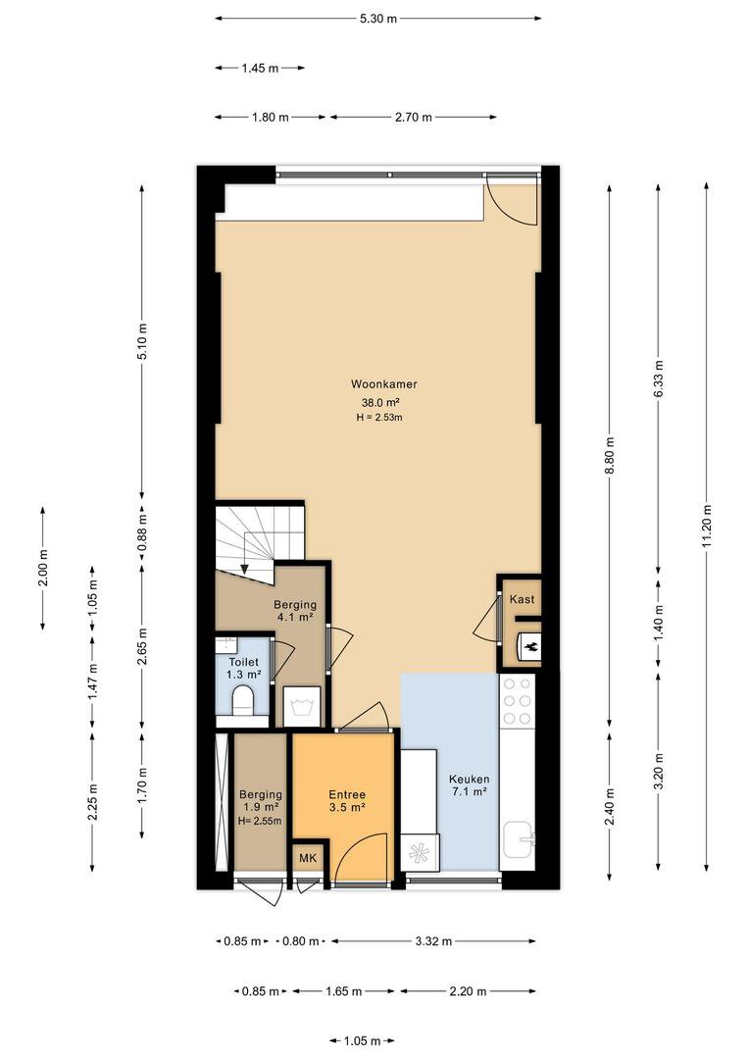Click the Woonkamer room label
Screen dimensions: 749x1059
(383, 384)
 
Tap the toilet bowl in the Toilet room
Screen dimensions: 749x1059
(242, 700)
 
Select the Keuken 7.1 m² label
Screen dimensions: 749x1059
(469, 785)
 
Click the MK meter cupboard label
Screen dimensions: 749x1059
(307, 858)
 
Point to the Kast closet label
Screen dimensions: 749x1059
(522, 599)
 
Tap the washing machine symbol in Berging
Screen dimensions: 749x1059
(302, 707)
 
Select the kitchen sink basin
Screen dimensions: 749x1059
(518, 840)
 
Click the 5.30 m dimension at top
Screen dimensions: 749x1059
(378, 19)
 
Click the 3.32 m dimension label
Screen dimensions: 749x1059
(433, 940)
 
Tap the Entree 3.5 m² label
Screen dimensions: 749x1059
(347, 800)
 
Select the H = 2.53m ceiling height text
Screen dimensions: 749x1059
(379, 418)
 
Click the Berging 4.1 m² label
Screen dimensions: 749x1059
(294, 611)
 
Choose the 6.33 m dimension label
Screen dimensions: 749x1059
(659, 378)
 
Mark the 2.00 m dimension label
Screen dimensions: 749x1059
(43, 569)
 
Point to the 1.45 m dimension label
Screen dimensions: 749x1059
(260, 68)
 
